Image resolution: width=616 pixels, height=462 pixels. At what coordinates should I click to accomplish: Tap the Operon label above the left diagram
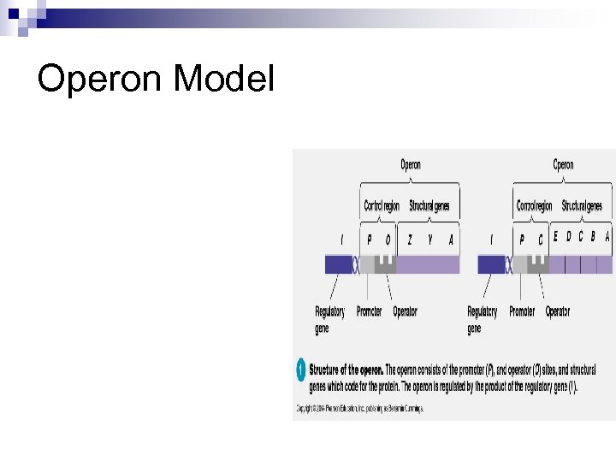(411, 164)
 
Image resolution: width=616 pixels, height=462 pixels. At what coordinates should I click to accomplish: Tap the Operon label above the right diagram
(563, 164)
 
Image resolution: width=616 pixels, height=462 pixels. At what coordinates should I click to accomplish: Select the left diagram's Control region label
(382, 206)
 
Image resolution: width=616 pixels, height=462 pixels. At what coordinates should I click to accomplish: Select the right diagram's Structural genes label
(582, 206)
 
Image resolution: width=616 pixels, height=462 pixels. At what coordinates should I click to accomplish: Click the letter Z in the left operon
(410, 240)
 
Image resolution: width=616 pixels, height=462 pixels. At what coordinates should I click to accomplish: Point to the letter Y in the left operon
(430, 240)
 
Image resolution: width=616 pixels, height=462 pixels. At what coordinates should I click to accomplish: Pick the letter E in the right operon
(555, 237)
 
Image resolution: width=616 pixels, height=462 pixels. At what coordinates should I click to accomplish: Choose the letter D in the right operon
(568, 237)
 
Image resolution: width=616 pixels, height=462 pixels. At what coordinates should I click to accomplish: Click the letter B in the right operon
(593, 237)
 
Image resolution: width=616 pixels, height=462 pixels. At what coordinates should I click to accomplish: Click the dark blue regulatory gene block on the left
(339, 264)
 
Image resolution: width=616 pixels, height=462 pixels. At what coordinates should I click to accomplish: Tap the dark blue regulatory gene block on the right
(491, 264)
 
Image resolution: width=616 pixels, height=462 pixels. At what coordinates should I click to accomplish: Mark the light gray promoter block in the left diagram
(367, 264)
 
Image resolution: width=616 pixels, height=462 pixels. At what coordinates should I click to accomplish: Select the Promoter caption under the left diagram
(369, 312)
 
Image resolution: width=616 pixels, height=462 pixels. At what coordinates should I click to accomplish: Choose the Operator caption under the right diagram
(558, 312)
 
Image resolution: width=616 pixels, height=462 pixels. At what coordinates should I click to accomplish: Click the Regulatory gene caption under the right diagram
(482, 320)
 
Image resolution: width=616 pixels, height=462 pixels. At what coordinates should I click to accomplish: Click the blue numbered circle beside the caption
(300, 370)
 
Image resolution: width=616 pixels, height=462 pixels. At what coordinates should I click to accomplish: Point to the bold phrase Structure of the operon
(346, 370)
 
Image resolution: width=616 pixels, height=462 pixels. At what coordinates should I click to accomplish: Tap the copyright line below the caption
(359, 408)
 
